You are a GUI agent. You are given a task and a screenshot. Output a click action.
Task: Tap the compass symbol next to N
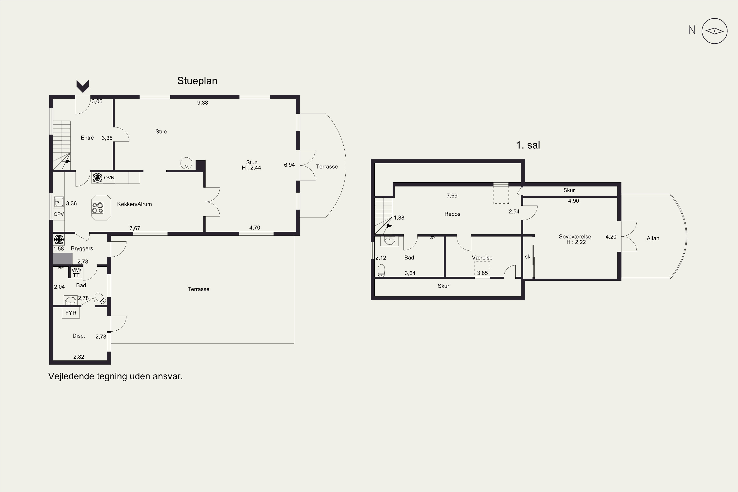714,31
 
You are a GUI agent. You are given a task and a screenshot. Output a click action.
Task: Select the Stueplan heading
197,81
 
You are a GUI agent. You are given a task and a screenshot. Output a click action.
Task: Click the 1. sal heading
528,145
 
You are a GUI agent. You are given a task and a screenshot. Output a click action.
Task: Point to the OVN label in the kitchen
109,178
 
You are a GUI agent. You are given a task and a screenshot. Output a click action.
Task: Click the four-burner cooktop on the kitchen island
98,208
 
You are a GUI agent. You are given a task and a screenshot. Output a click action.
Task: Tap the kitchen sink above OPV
59,202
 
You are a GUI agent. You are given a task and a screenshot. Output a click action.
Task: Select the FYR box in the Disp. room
71,313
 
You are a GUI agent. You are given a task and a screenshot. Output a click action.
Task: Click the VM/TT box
76,272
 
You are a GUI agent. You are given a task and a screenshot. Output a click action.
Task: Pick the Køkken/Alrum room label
134,204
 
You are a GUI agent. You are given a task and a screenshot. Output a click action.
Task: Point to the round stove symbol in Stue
186,163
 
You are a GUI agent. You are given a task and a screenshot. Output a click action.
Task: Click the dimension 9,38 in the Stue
202,103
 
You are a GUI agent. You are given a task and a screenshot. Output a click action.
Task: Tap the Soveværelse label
575,237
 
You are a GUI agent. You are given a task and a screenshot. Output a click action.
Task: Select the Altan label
653,238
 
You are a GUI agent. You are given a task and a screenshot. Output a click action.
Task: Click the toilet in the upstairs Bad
382,270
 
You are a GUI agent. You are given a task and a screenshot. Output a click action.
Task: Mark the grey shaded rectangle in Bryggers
63,259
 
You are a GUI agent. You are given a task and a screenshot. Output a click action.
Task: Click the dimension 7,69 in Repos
452,196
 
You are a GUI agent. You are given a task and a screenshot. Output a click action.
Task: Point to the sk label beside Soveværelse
527,257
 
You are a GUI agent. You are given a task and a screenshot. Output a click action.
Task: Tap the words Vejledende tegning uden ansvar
115,376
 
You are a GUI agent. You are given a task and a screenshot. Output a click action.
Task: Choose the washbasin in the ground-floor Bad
71,300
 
